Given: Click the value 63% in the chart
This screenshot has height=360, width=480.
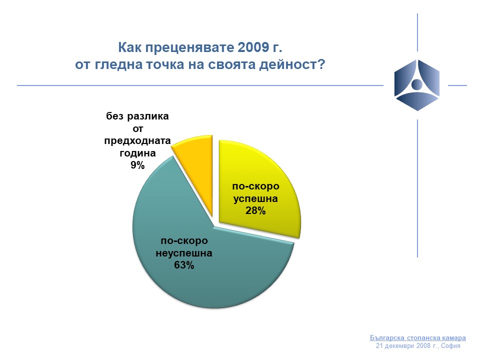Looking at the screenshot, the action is click(x=184, y=265).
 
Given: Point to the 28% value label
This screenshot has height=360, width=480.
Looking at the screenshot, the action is click(x=255, y=210).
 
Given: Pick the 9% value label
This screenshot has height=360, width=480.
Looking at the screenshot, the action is click(x=137, y=165).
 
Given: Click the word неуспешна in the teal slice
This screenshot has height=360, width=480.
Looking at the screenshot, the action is click(x=184, y=253).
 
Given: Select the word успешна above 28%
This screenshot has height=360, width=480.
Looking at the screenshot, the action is click(x=255, y=198).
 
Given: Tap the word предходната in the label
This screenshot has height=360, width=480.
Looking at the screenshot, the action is click(x=137, y=141).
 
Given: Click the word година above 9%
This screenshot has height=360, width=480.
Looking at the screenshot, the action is click(x=137, y=153).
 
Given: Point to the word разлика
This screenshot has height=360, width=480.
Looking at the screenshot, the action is click(x=148, y=116).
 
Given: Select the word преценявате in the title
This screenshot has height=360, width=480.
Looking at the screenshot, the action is click(x=189, y=48).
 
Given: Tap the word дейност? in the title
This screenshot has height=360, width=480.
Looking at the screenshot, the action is click(x=292, y=65).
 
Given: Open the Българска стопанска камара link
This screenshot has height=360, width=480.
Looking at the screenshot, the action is click(x=418, y=337).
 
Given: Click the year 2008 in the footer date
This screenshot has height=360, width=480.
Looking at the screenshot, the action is click(x=423, y=346).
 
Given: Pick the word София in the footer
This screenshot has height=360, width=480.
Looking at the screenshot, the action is click(x=450, y=346).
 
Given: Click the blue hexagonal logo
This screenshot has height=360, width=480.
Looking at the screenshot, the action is click(x=417, y=85).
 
